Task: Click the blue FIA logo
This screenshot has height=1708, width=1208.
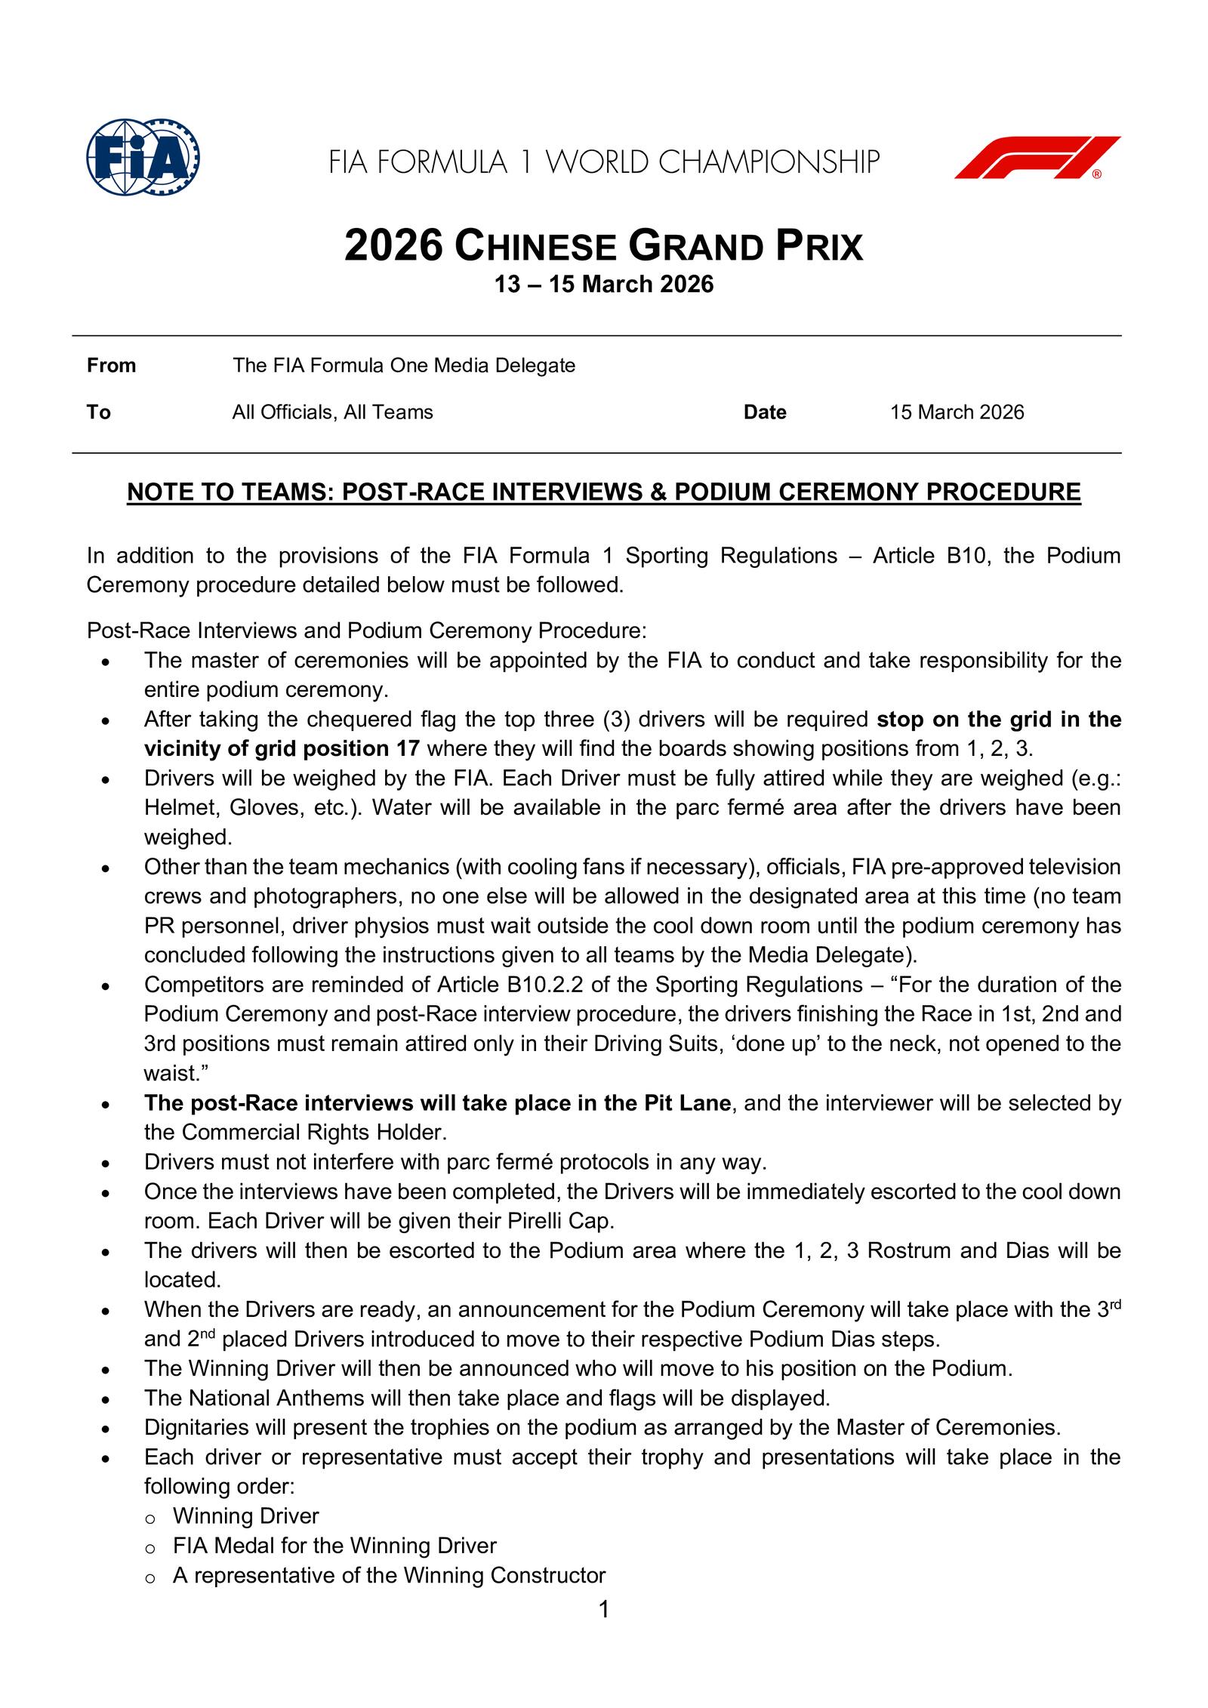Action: pos(143,157)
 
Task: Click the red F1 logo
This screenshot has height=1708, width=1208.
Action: pos(1037,157)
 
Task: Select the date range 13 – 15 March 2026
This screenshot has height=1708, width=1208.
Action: pos(603,285)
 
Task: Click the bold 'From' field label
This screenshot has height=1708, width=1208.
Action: pos(111,365)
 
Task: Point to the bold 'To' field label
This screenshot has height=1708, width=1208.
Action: pos(98,412)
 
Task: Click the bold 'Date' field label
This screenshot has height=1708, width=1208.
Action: pos(764,412)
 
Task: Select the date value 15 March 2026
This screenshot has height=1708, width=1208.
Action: pos(957,412)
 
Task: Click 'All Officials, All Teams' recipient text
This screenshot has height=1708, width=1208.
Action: pos(332,412)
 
